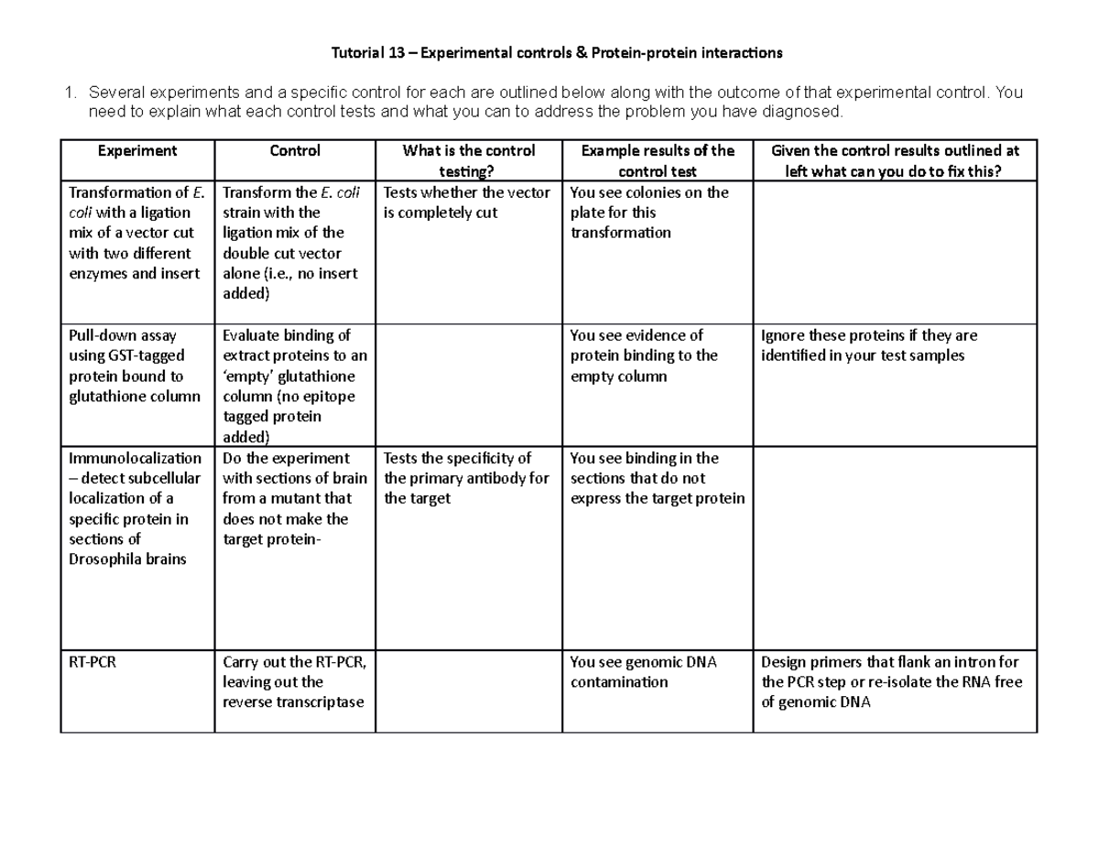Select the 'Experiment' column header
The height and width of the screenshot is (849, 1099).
tap(137, 150)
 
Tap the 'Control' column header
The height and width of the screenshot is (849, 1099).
tap(295, 150)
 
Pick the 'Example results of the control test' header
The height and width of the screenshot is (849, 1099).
tap(657, 160)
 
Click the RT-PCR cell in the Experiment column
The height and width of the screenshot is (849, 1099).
tap(92, 662)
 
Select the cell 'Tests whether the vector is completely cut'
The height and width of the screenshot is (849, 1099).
tap(466, 202)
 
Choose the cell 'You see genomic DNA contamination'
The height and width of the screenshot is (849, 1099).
tap(643, 672)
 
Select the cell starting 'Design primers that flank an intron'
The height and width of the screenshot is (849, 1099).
tap(891, 682)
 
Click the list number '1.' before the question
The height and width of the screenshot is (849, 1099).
tap(68, 93)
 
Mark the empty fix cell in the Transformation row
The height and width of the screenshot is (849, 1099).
tap(894, 252)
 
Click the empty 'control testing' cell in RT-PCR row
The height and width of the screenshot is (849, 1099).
tap(469, 691)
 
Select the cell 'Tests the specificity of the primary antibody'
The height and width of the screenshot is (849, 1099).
tap(466, 478)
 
